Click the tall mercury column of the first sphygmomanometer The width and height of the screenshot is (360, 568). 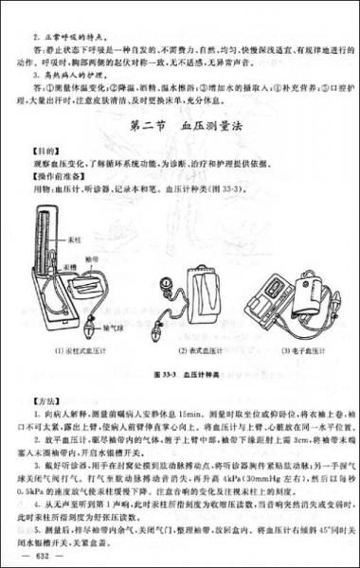click(41, 260)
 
